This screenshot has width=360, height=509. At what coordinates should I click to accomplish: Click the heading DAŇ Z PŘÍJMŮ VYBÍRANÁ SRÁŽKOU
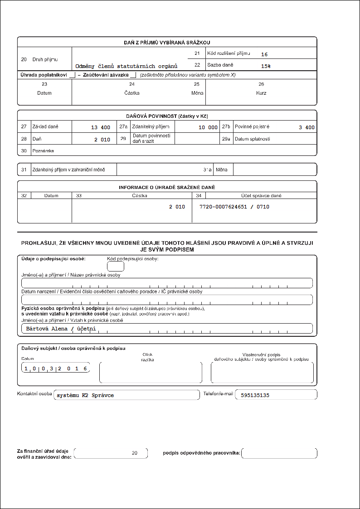[167, 42]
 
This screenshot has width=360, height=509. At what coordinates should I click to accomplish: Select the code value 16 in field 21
[264, 54]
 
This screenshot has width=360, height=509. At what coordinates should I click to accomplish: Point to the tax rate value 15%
[266, 66]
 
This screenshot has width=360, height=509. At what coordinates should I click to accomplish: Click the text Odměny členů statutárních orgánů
[126, 66]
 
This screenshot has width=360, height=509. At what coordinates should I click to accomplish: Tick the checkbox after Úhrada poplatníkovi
[72, 75]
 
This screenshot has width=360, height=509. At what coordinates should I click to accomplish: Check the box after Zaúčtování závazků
[133, 75]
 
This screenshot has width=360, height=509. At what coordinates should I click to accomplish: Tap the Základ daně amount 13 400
[101, 127]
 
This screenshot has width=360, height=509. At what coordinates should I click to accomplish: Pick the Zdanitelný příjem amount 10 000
[208, 127]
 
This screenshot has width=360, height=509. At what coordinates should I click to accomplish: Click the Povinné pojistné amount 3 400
[306, 127]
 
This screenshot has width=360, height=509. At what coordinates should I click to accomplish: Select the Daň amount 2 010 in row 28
[102, 140]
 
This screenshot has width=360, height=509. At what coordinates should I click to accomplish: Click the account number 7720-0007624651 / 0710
[234, 207]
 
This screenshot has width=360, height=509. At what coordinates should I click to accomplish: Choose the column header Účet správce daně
[261, 196]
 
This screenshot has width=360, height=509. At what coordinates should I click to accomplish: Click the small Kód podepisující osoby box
[116, 267]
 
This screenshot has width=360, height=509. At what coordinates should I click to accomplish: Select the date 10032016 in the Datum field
[56, 368]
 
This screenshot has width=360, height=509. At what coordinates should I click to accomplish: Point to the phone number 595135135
[256, 395]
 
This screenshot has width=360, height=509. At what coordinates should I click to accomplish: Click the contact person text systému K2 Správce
[85, 395]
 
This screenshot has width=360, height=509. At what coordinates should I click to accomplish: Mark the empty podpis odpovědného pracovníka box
[279, 453]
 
